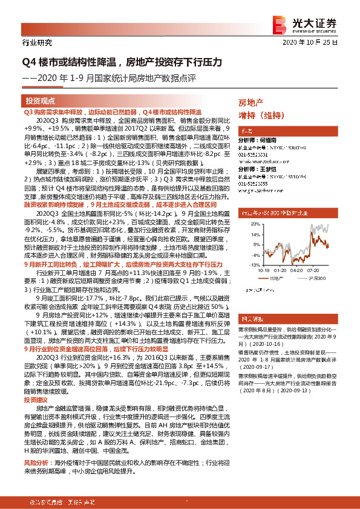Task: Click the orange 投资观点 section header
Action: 40,100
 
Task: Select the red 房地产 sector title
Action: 250,103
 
